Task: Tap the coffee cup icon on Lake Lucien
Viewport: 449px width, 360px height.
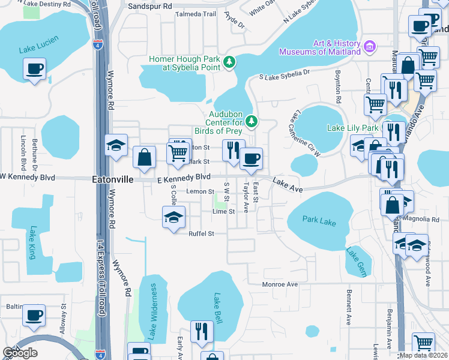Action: click(35, 68)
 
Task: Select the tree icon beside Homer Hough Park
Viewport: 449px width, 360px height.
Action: click(229, 62)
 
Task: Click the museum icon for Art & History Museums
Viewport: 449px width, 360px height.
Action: click(370, 46)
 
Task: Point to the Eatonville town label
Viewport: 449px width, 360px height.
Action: click(111, 179)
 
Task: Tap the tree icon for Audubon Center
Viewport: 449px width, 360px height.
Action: click(252, 122)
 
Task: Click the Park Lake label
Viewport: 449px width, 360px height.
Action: click(319, 221)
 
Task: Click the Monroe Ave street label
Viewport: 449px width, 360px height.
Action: click(280, 284)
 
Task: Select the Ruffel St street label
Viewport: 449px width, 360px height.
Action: click(201, 234)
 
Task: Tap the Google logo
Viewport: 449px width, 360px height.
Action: click(20, 353)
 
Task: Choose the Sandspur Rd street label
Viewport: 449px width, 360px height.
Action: click(150, 6)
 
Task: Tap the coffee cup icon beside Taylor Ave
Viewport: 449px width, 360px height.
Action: click(251, 158)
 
